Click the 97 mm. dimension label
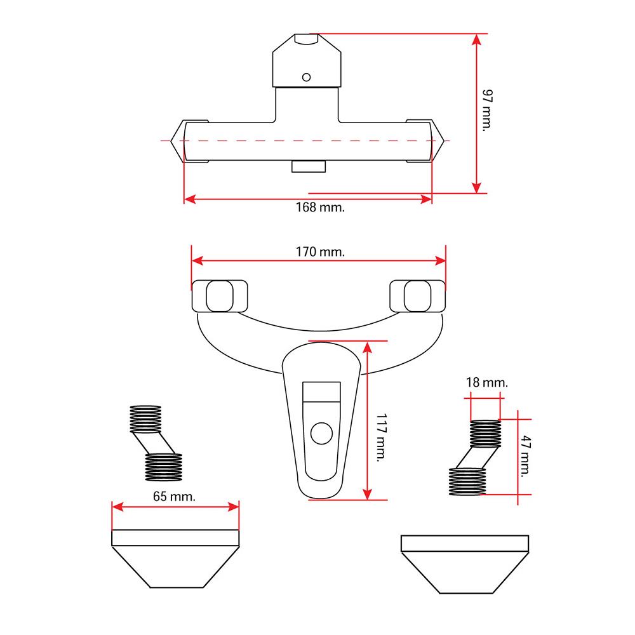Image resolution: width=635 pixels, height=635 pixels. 487,110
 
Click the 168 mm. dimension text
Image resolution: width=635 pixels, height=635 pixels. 321,208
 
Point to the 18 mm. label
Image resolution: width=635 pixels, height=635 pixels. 486,383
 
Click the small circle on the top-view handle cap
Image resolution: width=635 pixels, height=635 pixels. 307,77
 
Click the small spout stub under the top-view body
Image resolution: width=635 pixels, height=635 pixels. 308,166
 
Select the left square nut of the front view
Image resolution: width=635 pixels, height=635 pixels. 219,295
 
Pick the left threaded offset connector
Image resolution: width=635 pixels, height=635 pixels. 156,443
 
